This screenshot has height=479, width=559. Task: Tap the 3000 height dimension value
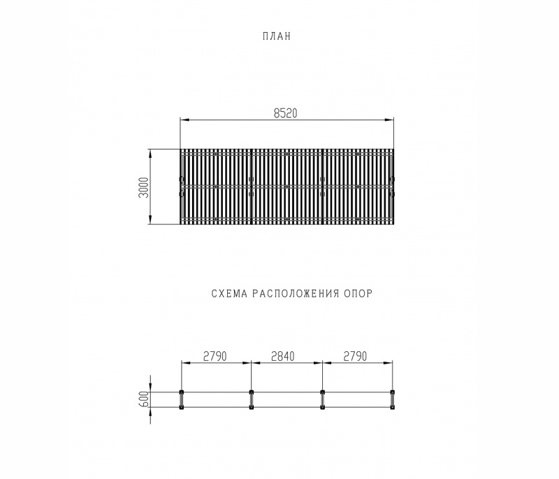click(x=144, y=187)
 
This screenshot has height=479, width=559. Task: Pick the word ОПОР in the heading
click(x=359, y=294)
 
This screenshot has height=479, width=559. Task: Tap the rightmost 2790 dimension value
click(x=356, y=356)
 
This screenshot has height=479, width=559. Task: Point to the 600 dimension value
click(x=144, y=399)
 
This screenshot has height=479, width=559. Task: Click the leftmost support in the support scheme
click(x=182, y=399)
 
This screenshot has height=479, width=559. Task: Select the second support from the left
click(x=252, y=399)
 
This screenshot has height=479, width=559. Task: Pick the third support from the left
click(x=322, y=399)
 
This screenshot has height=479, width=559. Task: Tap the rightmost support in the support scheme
click(x=392, y=399)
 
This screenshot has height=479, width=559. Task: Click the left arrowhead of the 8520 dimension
click(x=184, y=120)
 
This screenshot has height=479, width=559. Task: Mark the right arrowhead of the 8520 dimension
click(x=389, y=120)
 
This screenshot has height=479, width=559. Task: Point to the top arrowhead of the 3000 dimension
click(x=151, y=152)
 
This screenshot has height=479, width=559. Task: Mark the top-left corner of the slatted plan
click(x=181, y=149)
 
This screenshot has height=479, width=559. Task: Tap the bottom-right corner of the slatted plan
click(x=393, y=225)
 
